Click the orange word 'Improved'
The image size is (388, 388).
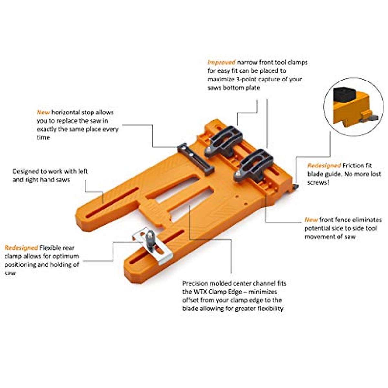[221, 62]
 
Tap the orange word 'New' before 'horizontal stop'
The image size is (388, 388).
[43, 112]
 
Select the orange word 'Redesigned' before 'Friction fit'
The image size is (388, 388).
[324, 166]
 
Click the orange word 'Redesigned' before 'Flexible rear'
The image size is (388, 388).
[21, 248]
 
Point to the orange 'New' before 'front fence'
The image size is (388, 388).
[311, 220]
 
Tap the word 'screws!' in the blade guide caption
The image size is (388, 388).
[318, 182]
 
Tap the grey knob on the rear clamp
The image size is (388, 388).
[150, 238]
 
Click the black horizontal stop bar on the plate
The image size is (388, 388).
[195, 159]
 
